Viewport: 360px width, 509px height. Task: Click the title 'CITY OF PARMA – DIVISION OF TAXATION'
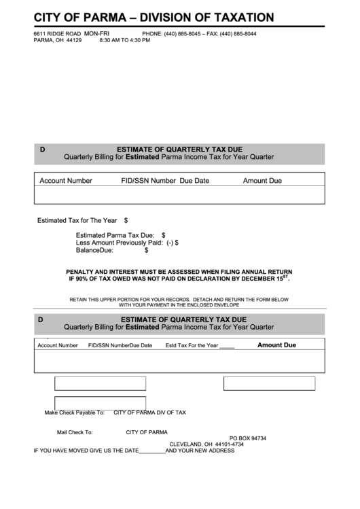154,18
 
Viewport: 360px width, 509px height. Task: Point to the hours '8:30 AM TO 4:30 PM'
124,40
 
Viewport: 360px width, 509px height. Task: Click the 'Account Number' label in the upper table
66,181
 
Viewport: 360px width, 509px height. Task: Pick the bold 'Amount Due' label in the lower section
276,345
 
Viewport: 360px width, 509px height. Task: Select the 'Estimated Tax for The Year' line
77,220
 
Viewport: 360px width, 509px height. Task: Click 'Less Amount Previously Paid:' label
120,243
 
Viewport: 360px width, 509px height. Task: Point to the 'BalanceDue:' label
94,250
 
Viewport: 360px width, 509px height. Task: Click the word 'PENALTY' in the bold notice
82,271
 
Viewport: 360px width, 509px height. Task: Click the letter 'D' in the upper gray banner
42,149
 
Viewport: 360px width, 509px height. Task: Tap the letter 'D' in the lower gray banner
41,319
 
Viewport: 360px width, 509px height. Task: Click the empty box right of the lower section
269,383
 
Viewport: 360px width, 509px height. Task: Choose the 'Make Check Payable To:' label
74,413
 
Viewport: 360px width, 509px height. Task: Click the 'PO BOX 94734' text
247,438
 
